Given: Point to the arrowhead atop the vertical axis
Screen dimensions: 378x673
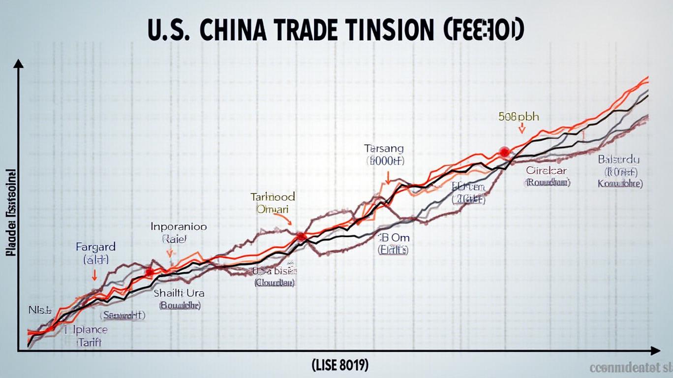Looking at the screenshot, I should pos(19,63).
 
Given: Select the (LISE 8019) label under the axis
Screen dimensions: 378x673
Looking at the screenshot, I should pos(339,365).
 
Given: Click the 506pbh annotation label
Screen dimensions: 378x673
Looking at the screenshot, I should pos(519,117).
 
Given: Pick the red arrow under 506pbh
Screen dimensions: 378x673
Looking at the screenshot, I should pos(522,128).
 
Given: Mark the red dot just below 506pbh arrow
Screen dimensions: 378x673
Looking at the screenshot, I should pos(503,152).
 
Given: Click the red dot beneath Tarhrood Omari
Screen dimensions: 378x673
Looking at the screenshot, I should pos(301,237).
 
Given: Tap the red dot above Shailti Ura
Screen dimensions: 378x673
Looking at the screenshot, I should pos(150,271).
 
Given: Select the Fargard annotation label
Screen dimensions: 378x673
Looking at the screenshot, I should pos(95,247).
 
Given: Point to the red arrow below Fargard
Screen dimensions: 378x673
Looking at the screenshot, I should pos(94,276).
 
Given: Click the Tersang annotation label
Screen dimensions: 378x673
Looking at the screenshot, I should pos(384,148).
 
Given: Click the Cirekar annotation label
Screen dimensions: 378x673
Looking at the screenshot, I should pos(547,171).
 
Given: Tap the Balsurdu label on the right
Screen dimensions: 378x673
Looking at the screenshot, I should pos(618,160).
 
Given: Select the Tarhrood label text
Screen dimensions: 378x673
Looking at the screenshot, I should pos(273,197).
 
